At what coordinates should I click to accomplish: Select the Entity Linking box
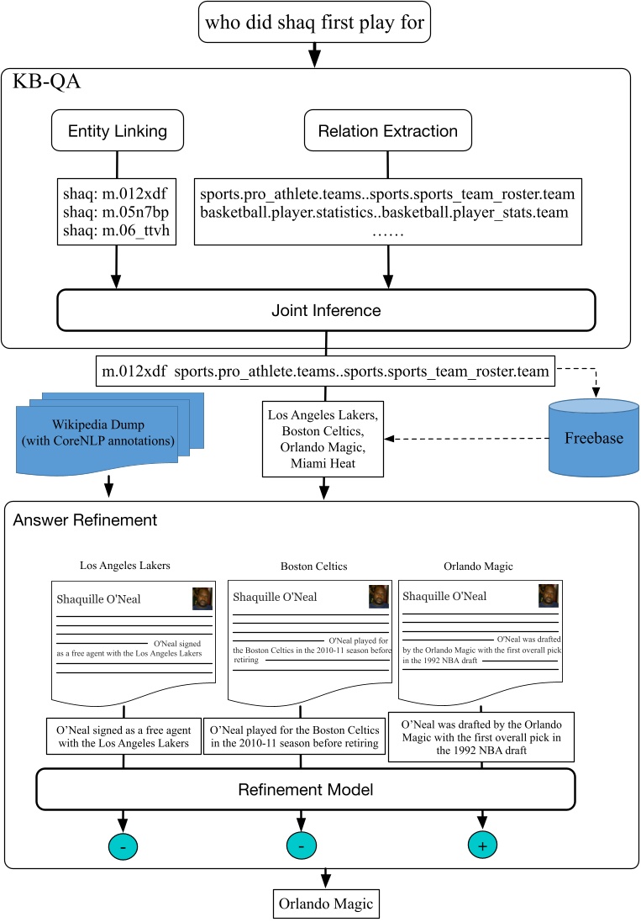pyautogui.click(x=117, y=130)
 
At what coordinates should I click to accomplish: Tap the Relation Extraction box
pyautogui.click(x=387, y=130)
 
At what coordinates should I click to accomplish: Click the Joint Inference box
pyautogui.click(x=326, y=311)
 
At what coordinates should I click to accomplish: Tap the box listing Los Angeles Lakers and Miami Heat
pyautogui.click(x=322, y=439)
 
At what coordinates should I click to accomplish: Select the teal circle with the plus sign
pyautogui.click(x=481, y=846)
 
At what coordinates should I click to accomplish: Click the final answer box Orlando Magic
pyautogui.click(x=320, y=904)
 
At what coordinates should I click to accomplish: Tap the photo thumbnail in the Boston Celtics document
pyautogui.click(x=379, y=597)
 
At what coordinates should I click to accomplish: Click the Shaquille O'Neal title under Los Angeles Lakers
pyautogui.click(x=98, y=599)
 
